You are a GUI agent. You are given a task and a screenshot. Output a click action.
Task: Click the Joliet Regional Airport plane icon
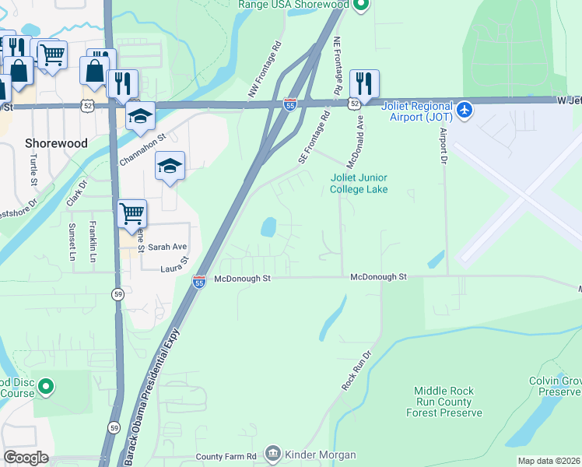tap(465, 109)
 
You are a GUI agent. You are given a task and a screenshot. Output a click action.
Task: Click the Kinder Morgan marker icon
tap(272, 453)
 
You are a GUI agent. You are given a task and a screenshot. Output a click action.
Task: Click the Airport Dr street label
tap(444, 146)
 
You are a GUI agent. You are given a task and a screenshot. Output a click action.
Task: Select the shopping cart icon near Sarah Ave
tap(132, 212)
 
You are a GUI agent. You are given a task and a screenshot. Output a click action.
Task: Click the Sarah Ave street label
tap(168, 247)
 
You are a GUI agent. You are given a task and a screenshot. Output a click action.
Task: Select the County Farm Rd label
tap(226, 456)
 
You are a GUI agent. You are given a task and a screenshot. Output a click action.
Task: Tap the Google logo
tap(26, 458)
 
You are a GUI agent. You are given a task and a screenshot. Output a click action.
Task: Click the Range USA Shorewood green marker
tap(360, 5)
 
